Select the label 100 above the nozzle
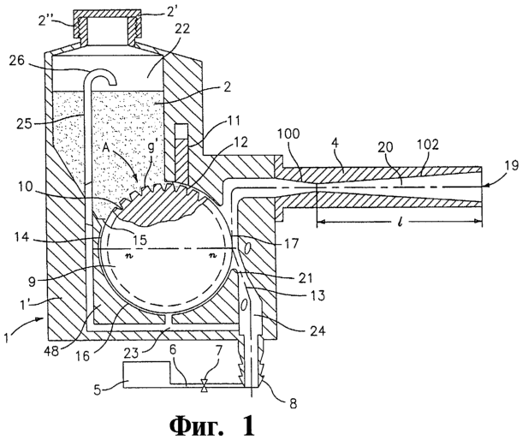[x=288, y=134]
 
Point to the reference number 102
[x=427, y=146]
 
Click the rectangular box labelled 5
[x=146, y=374]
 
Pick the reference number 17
[x=291, y=242]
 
